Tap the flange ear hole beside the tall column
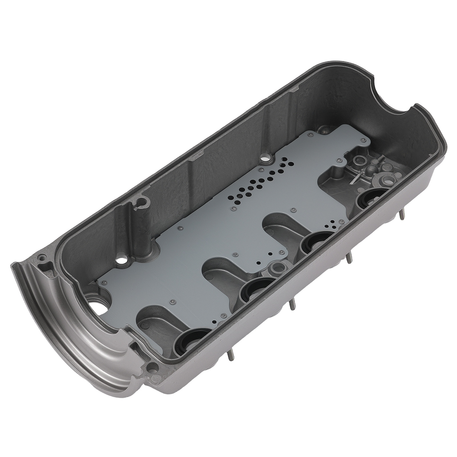tap(43, 256)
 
